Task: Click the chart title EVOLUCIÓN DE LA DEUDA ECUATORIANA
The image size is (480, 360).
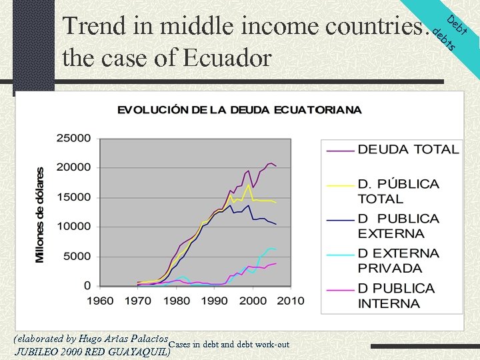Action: click(239, 110)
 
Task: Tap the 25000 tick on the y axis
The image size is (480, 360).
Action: click(74, 139)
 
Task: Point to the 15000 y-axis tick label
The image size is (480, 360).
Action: click(74, 197)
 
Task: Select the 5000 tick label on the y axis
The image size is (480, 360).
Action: click(77, 257)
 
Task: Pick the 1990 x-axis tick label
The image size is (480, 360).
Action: click(214, 301)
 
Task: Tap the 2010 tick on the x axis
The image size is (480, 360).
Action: click(290, 301)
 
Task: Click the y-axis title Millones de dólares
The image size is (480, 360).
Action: click(41, 215)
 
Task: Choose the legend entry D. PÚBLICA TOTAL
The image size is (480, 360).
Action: click(398, 191)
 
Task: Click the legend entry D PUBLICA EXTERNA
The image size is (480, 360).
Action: click(398, 226)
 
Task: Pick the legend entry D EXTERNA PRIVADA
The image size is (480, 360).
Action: click(398, 261)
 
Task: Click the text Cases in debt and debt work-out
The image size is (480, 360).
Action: click(230, 345)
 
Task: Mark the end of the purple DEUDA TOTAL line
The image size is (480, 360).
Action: click(276, 165)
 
